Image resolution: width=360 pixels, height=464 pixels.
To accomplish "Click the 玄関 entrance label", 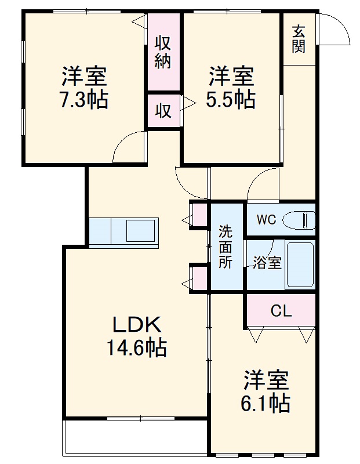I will (x=298, y=39).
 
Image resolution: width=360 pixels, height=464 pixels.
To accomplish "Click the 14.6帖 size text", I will (x=136, y=348).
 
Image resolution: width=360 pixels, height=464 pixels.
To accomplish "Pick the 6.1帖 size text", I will (x=266, y=402).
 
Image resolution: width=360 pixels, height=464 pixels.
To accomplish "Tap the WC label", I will (x=266, y=220).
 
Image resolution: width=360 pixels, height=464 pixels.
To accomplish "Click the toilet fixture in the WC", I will (x=301, y=220).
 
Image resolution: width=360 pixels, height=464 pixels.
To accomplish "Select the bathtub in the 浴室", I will (x=300, y=264).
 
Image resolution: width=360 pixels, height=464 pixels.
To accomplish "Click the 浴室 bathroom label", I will (x=267, y=263).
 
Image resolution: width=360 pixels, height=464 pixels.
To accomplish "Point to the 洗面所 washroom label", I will (x=226, y=247).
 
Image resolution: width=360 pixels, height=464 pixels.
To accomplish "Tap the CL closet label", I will (x=281, y=311).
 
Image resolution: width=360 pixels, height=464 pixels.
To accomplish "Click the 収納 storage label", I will (x=163, y=52).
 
